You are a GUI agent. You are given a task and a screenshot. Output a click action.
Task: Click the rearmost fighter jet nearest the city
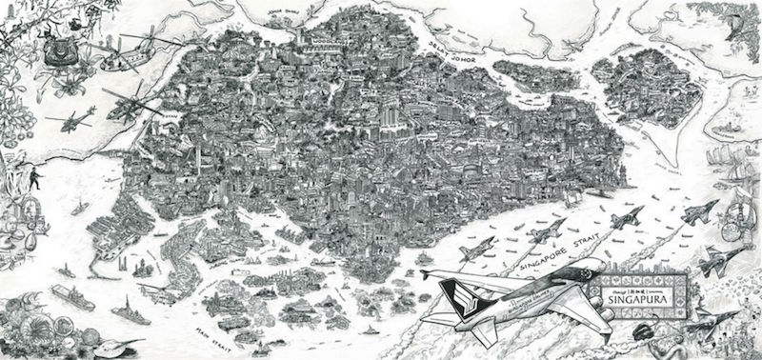click(471, 250)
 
